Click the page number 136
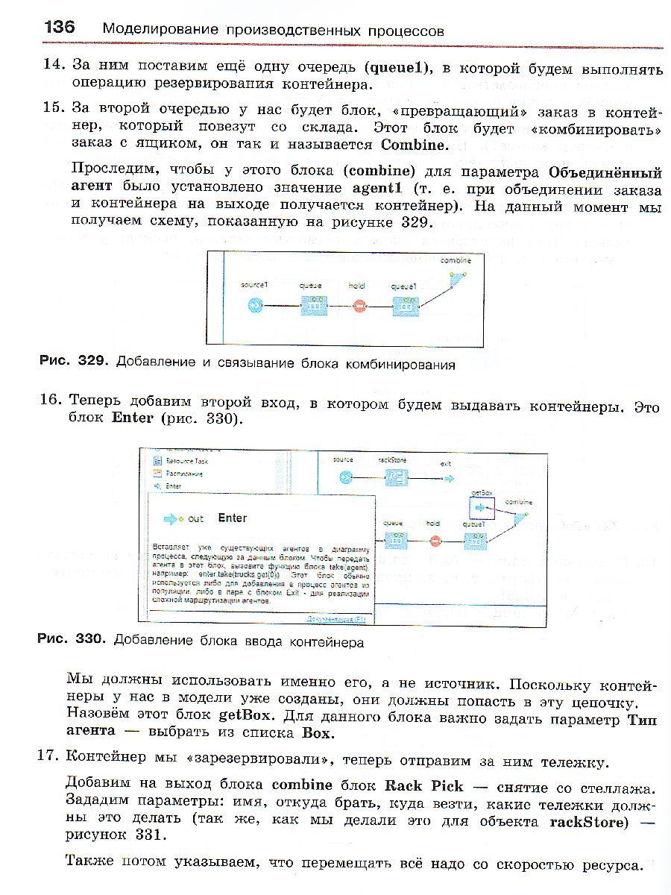click(60, 28)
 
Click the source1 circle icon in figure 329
click(255, 306)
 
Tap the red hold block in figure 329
click(359, 306)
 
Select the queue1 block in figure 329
click(403, 306)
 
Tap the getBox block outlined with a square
click(482, 508)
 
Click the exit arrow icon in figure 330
click(446, 477)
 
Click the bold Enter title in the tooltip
click(233, 518)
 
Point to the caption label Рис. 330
click(73, 640)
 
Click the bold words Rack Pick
click(423, 785)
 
